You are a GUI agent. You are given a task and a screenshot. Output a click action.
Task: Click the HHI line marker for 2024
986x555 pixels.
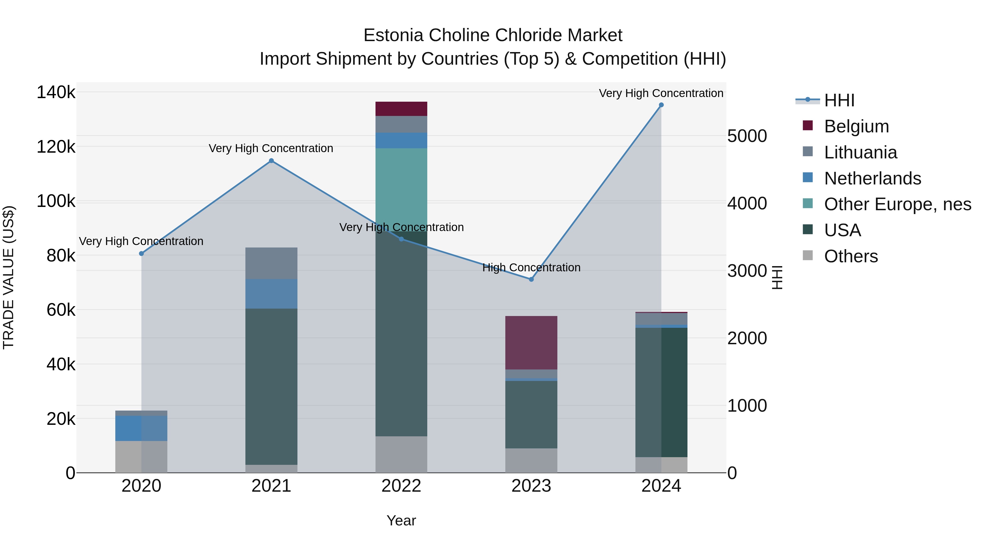coord(661,105)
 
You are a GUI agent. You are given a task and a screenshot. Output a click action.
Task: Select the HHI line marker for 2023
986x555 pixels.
coord(531,279)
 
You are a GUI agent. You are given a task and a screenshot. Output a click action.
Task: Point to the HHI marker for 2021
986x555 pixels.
coord(271,161)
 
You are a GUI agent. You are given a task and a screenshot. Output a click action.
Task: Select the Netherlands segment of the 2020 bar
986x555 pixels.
coord(141,428)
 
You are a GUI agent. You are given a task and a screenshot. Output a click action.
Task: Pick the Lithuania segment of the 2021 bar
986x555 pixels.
coord(271,263)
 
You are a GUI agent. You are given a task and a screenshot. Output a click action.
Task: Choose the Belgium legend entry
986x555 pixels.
coord(856,126)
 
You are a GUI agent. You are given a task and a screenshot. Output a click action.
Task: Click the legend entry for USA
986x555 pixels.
coord(842,230)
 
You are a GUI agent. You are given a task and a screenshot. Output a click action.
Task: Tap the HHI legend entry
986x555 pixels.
coord(839,100)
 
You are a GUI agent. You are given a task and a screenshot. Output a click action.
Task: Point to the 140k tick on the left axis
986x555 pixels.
coord(56,92)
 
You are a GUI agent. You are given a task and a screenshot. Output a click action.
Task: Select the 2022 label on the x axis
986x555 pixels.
coord(401,486)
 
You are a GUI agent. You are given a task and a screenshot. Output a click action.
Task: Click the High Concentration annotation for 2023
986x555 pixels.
coord(531,267)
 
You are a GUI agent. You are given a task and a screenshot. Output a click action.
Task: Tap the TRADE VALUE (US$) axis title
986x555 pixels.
coord(9,277)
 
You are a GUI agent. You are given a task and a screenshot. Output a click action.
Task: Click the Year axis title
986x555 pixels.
coord(401,520)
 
